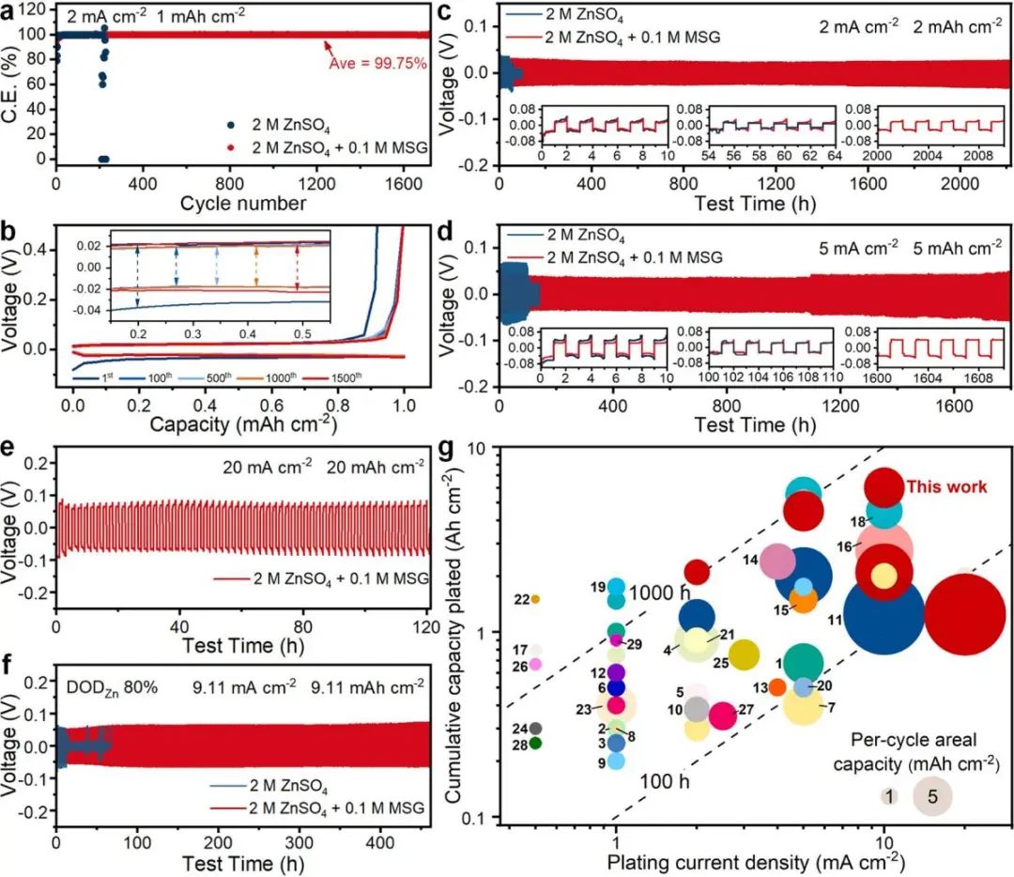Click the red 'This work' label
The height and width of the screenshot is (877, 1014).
click(946, 486)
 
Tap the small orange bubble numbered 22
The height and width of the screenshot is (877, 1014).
click(535, 599)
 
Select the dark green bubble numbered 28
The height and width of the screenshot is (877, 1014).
click(535, 743)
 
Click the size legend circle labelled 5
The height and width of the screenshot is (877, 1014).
click(932, 796)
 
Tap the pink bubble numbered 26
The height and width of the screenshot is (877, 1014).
click(535, 664)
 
